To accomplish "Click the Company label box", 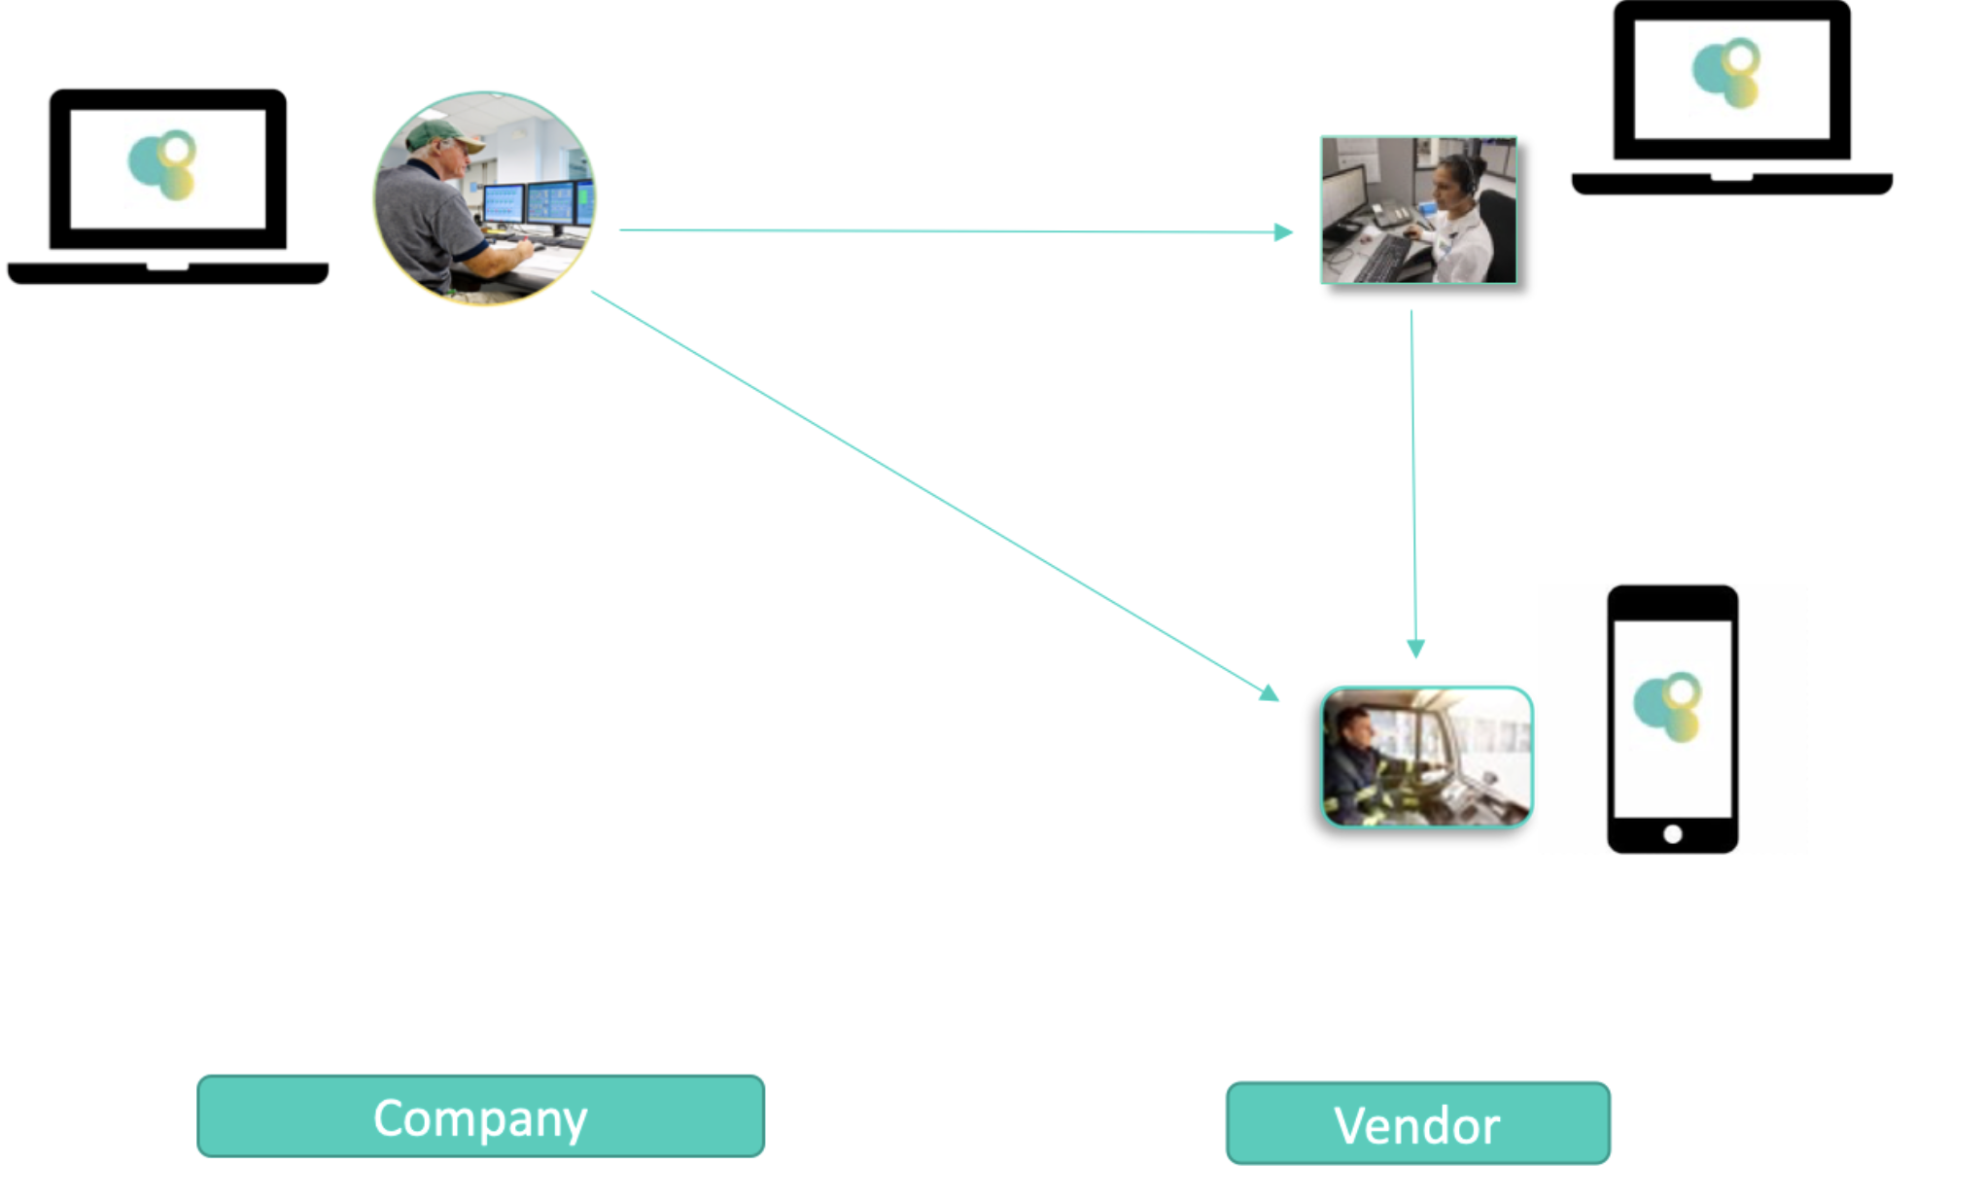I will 480,1116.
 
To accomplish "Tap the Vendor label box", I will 1417,1123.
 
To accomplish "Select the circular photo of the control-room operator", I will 484,198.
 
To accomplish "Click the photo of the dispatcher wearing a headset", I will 1418,210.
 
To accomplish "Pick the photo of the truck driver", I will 1427,757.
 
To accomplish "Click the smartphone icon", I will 1672,720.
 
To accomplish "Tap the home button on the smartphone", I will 1672,833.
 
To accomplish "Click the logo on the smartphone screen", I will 1668,705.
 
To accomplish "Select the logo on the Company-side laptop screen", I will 163,165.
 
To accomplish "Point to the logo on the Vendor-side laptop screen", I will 1727,73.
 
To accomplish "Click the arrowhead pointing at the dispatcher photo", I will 1283,232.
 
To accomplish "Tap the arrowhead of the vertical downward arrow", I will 1415,649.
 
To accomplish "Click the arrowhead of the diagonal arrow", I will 1269,693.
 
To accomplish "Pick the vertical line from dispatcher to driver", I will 1413,476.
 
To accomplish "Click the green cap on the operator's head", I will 442,135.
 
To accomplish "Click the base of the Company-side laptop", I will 167,273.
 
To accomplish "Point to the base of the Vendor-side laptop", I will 1731,184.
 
